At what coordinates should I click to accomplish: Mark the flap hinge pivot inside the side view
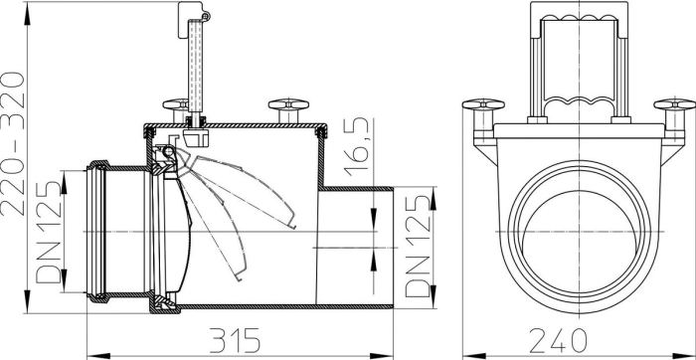(170, 151)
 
